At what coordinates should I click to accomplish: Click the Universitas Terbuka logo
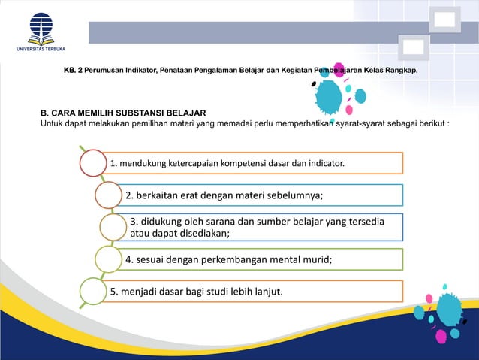coord(41,32)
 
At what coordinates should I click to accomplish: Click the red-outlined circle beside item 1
coord(92,163)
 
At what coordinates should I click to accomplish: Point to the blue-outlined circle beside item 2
coord(108,195)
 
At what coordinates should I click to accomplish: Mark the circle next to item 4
coord(108,259)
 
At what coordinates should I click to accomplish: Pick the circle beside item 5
coord(93,292)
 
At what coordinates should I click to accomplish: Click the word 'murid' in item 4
coord(315,260)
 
